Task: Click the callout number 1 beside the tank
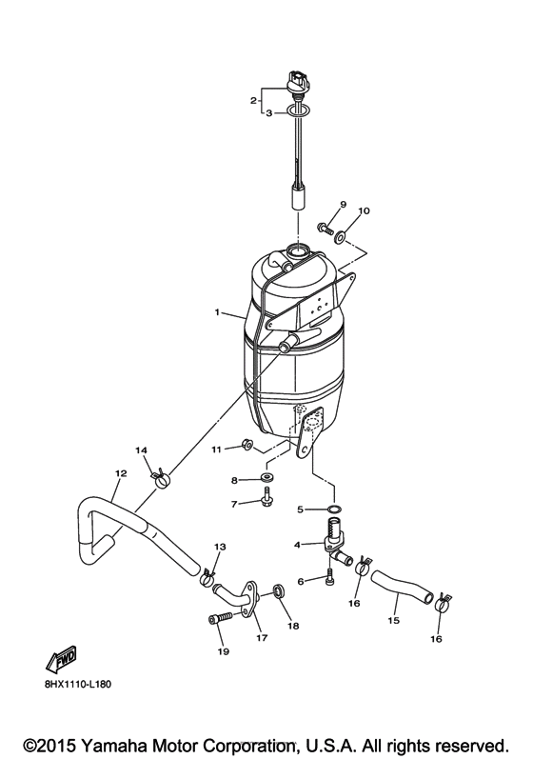click(218, 311)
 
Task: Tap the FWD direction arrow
click(62, 658)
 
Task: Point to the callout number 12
click(121, 473)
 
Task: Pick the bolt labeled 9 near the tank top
click(326, 228)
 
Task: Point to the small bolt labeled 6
click(330, 575)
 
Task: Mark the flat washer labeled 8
click(266, 476)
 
